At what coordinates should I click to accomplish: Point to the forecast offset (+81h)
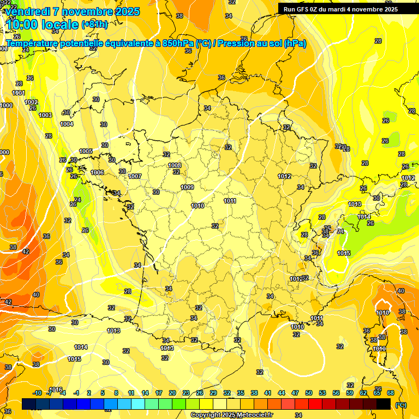94,25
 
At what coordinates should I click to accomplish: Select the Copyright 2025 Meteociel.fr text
231,415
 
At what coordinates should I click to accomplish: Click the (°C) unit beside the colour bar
401,405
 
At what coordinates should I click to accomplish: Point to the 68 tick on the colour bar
391,393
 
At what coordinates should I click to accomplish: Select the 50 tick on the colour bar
309,393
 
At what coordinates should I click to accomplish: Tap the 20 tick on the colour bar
172,393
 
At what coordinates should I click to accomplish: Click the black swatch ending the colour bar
384,404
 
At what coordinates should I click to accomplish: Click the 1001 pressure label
19,93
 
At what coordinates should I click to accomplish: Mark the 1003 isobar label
45,115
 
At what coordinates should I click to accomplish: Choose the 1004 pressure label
67,124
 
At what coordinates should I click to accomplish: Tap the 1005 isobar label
86,151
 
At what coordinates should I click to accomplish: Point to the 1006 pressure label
97,172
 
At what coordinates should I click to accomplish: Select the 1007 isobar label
135,176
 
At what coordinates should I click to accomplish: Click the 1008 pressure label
175,165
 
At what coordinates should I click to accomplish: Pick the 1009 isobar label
187,187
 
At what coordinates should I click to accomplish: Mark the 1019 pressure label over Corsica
380,348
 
